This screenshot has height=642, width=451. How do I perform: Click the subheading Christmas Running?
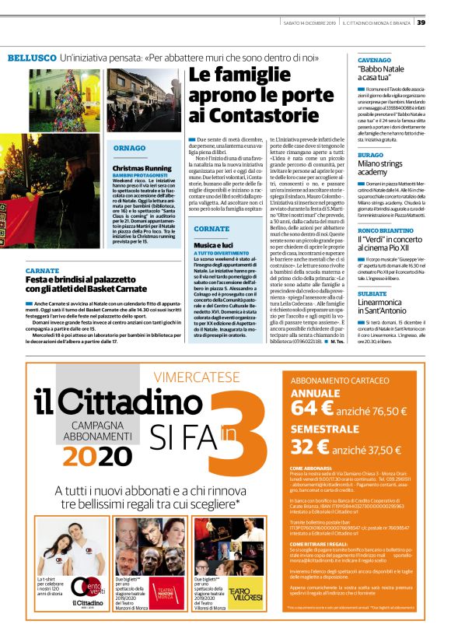pos(142,167)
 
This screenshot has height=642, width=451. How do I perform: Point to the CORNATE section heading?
pos(211,229)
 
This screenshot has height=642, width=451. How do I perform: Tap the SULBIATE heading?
pos(372,272)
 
